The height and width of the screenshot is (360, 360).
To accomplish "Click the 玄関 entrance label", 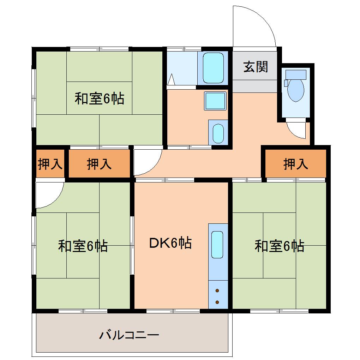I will point(256,66).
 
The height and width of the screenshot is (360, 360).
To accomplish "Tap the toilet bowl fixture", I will point(296,90).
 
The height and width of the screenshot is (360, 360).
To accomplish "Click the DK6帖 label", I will point(171,243).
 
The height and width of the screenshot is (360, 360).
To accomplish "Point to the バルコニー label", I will point(129,335).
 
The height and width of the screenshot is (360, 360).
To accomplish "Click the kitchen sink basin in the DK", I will point(217,245).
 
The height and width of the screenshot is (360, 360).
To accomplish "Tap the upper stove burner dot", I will point(217,290).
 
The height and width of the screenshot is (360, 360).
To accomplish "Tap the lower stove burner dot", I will point(217,302).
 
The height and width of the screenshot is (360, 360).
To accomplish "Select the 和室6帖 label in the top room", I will point(99,99).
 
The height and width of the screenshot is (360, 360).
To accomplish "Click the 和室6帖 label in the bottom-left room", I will point(83,246).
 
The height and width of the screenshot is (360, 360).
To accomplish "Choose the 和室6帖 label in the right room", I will point(280,246).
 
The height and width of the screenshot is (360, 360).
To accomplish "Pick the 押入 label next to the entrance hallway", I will point(296,164).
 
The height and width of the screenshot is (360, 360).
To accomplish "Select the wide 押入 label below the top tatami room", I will point(99,164).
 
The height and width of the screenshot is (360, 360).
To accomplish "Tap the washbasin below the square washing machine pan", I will point(218,132).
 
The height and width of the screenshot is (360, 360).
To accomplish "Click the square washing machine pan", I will point(215,101).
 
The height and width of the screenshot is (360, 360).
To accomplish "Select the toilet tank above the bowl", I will point(296,74).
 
